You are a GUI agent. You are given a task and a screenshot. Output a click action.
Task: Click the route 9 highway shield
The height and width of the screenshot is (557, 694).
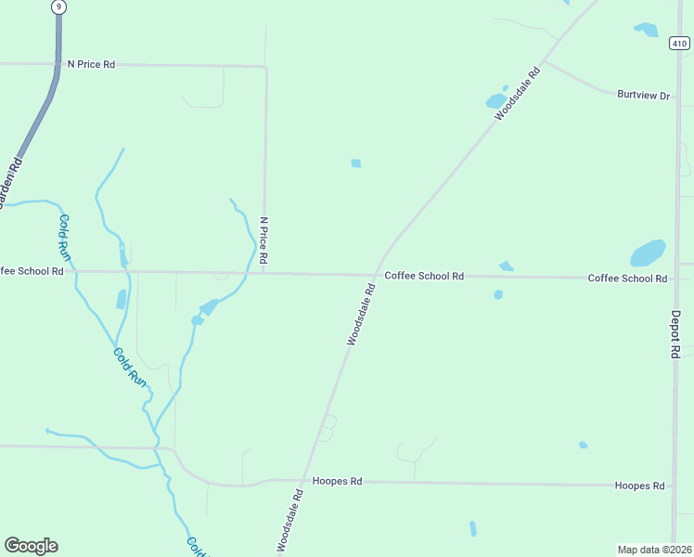pos(59,6)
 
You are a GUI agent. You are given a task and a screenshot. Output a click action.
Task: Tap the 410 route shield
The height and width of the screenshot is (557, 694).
pos(678,42)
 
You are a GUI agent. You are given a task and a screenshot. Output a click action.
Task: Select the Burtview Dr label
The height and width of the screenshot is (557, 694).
pos(643,95)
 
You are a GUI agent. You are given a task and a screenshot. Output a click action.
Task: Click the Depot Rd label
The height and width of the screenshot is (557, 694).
pos(676,335)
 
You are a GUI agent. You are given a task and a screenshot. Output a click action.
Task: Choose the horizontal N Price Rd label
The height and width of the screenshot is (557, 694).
pos(91,64)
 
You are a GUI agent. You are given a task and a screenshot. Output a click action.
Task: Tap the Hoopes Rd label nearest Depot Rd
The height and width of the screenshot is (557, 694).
pos(639,486)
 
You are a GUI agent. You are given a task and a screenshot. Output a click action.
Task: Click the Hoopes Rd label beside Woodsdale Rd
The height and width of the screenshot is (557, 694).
pos(337,481)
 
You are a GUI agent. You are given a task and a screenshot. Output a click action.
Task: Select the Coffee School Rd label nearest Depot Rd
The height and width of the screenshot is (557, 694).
pos(627,278)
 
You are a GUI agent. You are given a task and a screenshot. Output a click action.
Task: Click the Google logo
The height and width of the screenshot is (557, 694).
pos(31,546)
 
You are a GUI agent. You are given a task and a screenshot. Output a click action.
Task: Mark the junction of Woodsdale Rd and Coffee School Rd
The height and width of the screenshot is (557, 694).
pos(376,275)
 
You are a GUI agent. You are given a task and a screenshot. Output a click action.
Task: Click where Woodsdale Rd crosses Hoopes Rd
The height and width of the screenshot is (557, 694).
pos(304,481)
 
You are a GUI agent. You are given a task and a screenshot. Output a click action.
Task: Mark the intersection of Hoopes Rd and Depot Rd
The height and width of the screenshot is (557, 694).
pos(674,485)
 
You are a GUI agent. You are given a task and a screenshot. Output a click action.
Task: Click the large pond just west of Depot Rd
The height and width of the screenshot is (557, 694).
pos(648,253)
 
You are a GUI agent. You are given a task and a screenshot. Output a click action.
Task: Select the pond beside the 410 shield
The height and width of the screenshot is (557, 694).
pos(647,30)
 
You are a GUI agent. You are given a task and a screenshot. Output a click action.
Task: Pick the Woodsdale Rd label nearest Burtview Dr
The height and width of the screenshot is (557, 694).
pos(517,94)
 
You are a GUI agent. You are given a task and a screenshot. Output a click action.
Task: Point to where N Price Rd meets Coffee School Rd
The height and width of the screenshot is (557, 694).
pos(264,273)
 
